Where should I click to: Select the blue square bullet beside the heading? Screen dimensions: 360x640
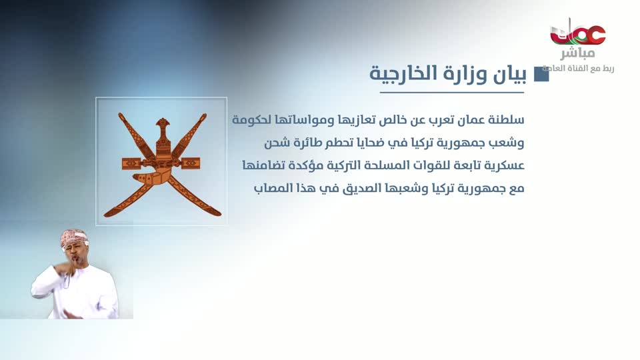541,74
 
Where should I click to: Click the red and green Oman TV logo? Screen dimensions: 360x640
577,33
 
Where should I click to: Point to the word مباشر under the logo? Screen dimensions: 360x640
577,54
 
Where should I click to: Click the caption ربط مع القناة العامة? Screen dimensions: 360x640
577,69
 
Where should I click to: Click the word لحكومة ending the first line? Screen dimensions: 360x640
254,120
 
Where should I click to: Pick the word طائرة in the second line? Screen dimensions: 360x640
315,143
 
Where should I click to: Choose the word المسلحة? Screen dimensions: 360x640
366,165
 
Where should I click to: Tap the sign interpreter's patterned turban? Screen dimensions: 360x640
74,237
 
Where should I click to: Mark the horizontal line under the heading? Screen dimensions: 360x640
447,92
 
